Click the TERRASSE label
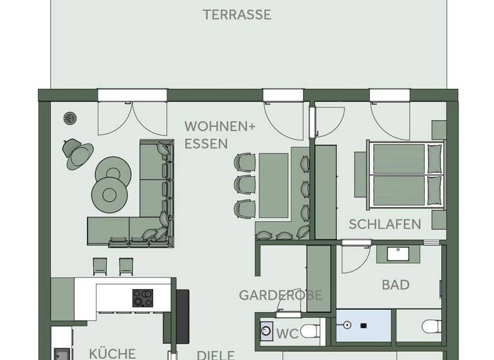(x=237, y=15)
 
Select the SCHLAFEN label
(x=385, y=224)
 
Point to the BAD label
(x=396, y=284)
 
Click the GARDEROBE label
(x=280, y=295)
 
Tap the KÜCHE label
(x=113, y=353)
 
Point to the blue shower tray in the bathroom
(x=363, y=325)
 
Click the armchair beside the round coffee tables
(x=78, y=152)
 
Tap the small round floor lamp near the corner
(x=69, y=118)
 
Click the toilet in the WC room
(x=310, y=332)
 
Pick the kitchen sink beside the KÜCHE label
(x=62, y=354)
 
